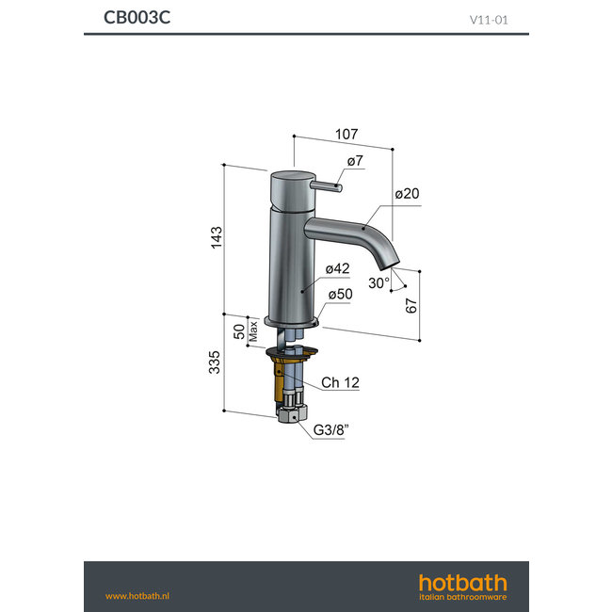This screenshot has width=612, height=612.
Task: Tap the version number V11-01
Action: point(490,19)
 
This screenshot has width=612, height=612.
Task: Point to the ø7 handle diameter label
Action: point(354,162)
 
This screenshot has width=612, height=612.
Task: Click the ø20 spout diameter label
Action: point(407,194)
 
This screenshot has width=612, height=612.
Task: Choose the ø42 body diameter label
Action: point(337,269)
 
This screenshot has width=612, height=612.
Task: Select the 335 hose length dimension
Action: point(215,362)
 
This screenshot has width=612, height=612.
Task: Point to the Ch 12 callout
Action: point(340,382)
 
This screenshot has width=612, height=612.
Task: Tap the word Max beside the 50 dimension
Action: point(253,330)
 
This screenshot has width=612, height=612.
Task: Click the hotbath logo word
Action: point(462,583)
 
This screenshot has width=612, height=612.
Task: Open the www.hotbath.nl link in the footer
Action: point(137,595)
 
